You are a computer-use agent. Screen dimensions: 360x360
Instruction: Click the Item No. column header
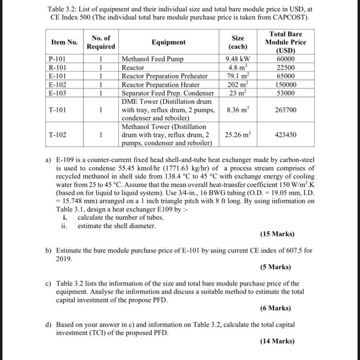(64, 42)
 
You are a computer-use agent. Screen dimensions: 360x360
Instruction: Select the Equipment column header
(169, 42)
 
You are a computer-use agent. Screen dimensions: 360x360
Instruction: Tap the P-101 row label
(58, 59)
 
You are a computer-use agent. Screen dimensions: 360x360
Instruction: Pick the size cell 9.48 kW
(238, 59)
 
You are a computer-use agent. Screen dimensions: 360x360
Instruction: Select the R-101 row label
(58, 67)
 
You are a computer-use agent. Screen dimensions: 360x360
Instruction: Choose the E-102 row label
(58, 84)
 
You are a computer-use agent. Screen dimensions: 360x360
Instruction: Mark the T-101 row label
(58, 110)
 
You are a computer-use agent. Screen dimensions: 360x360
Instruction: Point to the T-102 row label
(58, 135)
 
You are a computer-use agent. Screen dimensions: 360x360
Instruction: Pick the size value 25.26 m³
(238, 135)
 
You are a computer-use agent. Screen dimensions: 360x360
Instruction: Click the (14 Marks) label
(278, 341)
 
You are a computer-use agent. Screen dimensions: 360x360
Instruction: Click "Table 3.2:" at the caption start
(63, 9)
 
